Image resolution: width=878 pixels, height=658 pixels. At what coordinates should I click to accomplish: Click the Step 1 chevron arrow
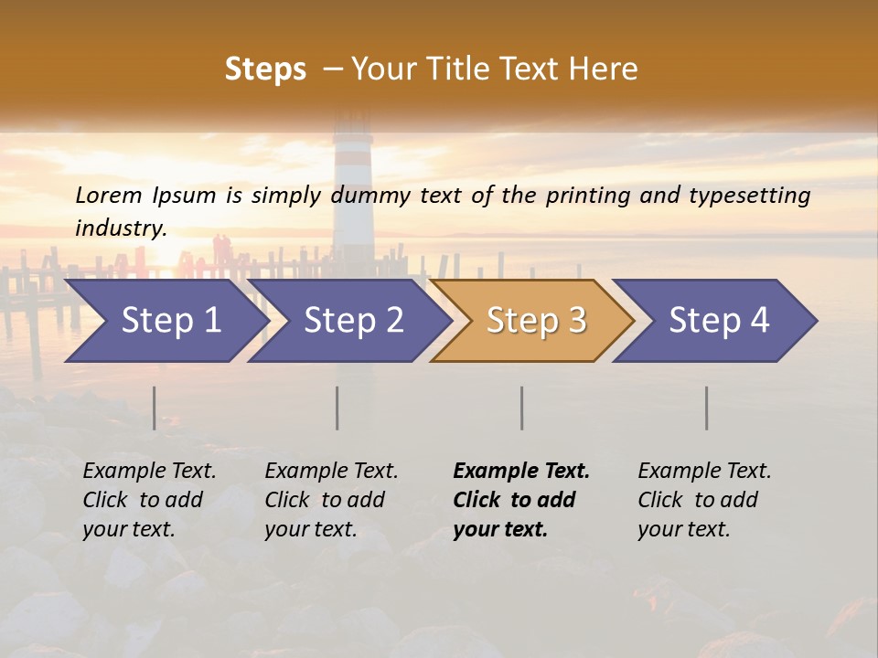pyautogui.click(x=170, y=321)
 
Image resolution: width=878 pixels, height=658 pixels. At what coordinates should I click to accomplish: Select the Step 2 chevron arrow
pyautogui.click(x=353, y=321)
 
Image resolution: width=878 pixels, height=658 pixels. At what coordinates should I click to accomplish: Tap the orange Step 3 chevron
pyautogui.click(x=536, y=321)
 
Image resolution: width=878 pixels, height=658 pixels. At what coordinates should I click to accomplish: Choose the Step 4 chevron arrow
pyautogui.click(x=719, y=321)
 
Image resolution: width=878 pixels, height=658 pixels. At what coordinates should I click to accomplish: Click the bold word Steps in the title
pyautogui.click(x=265, y=69)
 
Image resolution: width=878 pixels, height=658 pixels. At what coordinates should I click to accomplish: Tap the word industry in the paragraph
pyautogui.click(x=120, y=228)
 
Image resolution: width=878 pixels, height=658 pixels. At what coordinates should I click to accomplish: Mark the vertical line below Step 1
pyautogui.click(x=155, y=408)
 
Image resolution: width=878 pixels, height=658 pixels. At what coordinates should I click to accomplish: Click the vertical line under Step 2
pyautogui.click(x=337, y=408)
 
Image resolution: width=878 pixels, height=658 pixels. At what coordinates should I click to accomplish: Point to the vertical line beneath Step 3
pyautogui.click(x=522, y=408)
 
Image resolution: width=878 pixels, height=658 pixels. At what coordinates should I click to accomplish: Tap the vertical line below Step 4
pyautogui.click(x=707, y=408)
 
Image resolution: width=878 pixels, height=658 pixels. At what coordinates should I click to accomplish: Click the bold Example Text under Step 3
pyautogui.click(x=521, y=472)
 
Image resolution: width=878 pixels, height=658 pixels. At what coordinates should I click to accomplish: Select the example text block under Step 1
pyautogui.click(x=149, y=500)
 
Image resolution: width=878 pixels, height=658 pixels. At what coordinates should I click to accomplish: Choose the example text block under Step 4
pyautogui.click(x=704, y=500)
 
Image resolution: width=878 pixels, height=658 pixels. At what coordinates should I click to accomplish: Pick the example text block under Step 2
pyautogui.click(x=331, y=500)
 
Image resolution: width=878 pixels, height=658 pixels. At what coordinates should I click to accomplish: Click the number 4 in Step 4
pyautogui.click(x=759, y=321)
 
